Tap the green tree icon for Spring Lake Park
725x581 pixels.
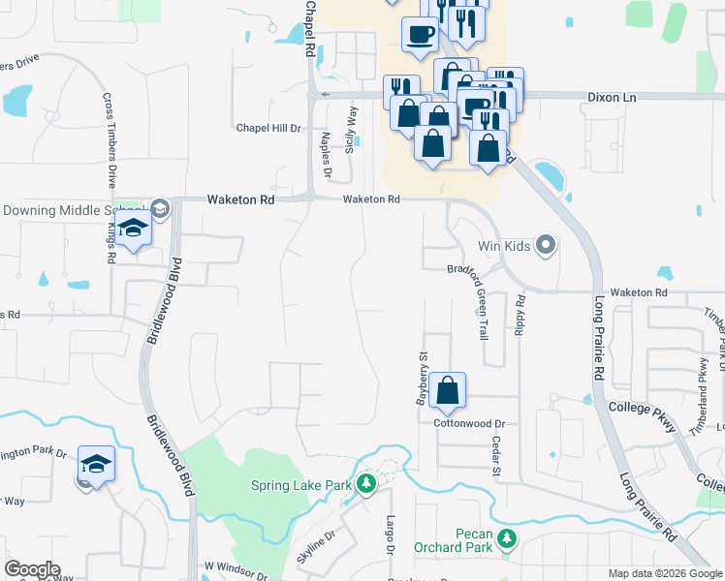pos(365,482)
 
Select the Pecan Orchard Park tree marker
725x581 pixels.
pos(505,537)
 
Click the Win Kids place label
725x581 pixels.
pos(504,246)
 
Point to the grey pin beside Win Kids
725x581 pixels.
pos(545,245)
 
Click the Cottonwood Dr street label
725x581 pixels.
pos(470,423)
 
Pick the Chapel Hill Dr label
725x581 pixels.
pos(268,128)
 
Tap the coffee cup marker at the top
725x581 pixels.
pos(420,35)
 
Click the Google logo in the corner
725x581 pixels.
pos(33,568)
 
